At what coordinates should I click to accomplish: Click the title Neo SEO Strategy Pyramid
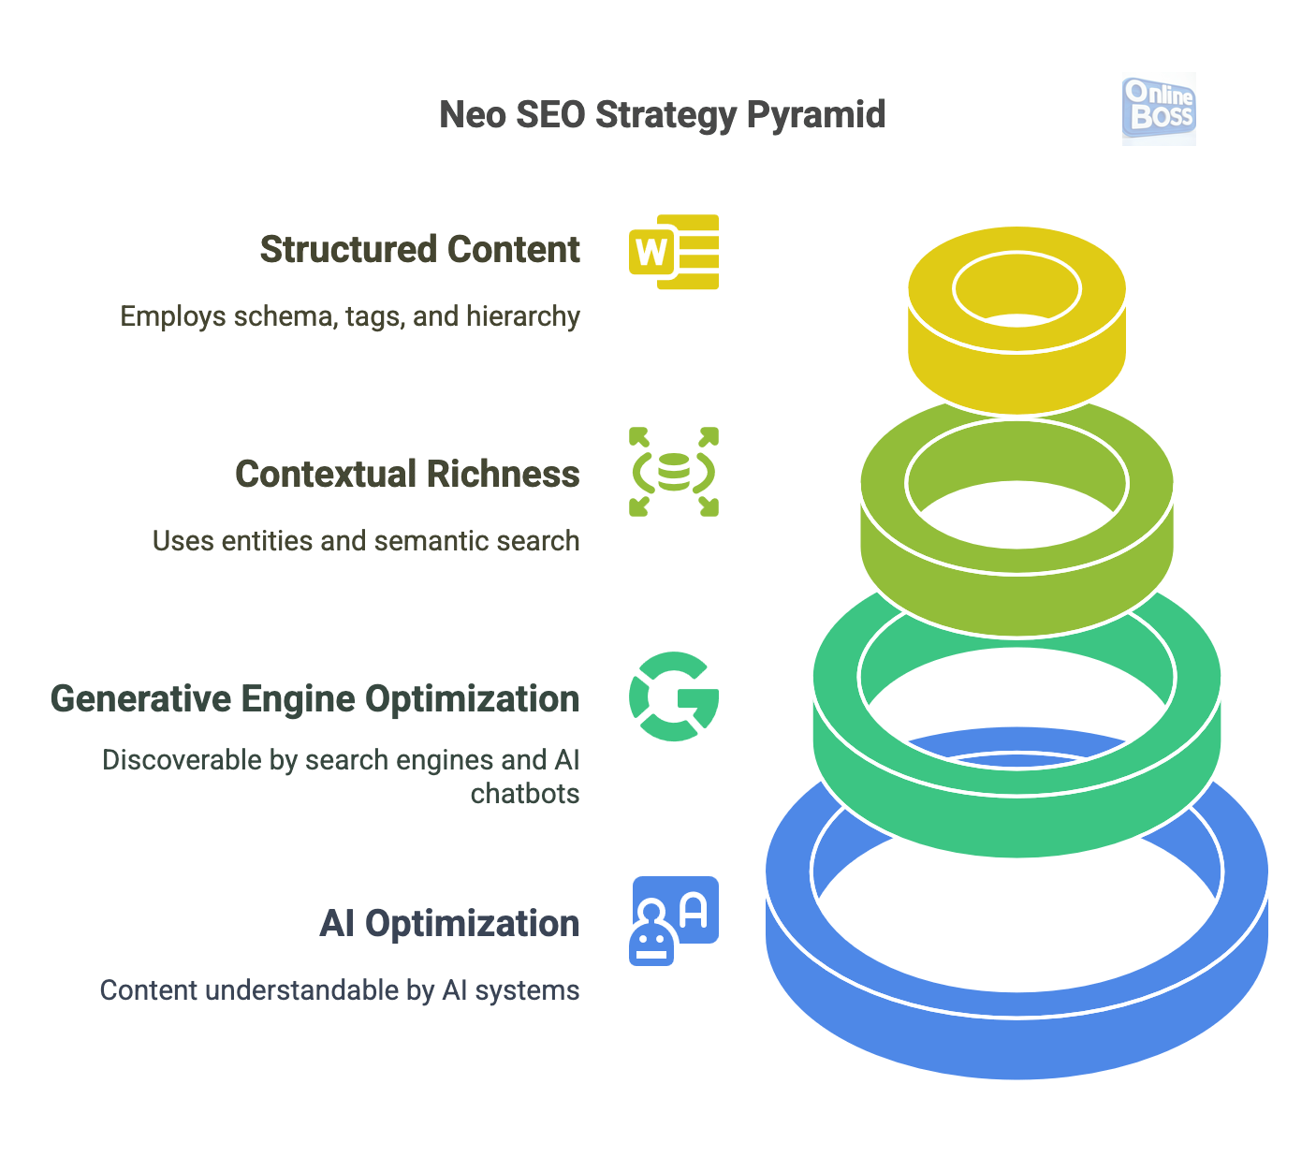click(x=662, y=115)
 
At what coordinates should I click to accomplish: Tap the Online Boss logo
click(x=1159, y=109)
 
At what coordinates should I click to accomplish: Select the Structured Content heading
click(x=419, y=250)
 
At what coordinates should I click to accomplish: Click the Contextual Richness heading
click(x=407, y=475)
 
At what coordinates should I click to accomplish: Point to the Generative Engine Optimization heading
click(x=314, y=699)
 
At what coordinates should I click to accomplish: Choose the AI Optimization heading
click(x=449, y=924)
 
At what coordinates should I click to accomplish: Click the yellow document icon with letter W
click(x=674, y=252)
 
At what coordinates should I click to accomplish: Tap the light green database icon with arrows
click(x=674, y=472)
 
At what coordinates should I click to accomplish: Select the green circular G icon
click(x=674, y=696)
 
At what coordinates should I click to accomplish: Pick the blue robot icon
click(x=674, y=920)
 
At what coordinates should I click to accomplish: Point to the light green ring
click(x=1016, y=599)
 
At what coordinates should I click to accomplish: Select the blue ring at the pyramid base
click(x=1016, y=1039)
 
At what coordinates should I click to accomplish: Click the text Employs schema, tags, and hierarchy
click(x=350, y=316)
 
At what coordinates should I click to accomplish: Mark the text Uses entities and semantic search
click(x=366, y=541)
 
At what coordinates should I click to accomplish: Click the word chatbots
click(x=525, y=794)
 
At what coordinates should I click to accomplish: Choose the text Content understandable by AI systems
click(x=340, y=990)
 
